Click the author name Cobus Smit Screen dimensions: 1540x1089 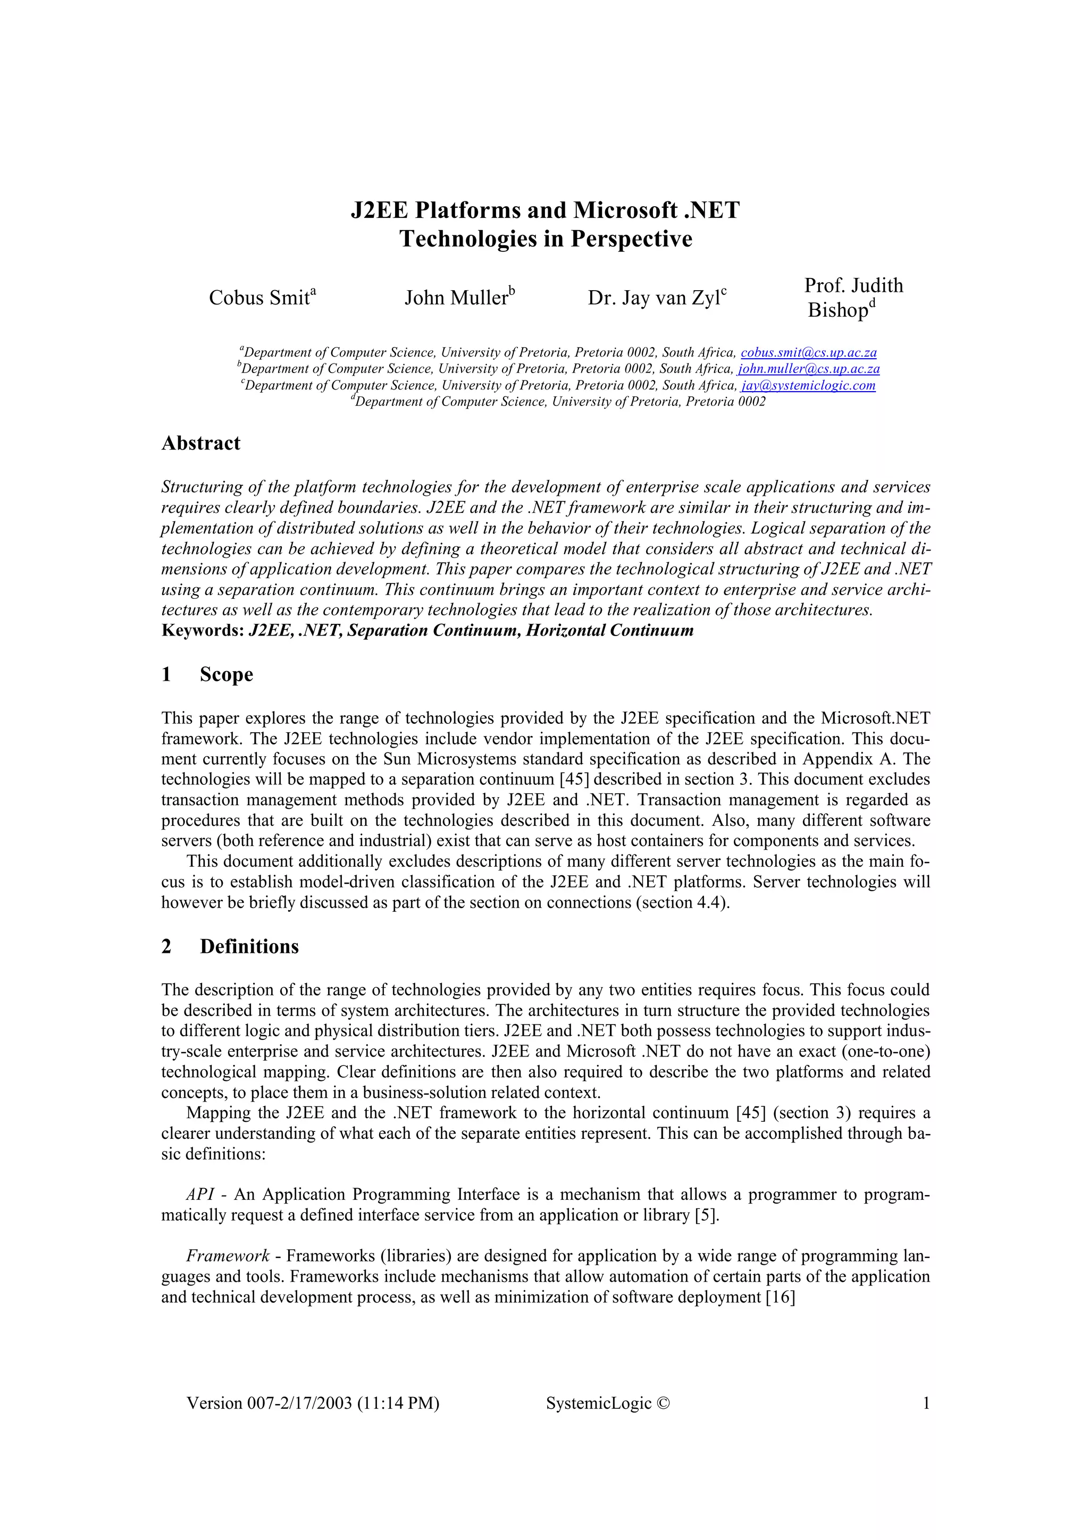coord(258,298)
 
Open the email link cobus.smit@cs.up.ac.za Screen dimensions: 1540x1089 coord(809,353)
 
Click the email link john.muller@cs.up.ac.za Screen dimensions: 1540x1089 coord(809,369)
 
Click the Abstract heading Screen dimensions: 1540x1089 coord(200,443)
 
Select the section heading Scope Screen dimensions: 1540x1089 coord(226,674)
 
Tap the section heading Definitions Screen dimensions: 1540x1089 coord(249,946)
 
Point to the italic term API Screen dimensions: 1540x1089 coord(200,1195)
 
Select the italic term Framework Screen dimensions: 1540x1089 coord(228,1256)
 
